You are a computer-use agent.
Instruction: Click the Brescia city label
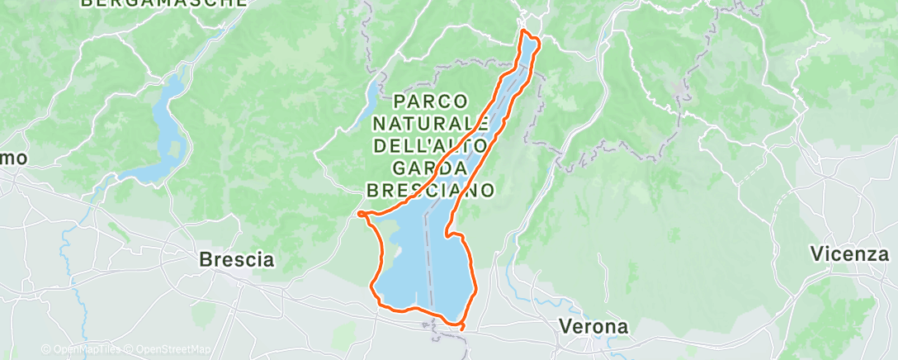[237, 259]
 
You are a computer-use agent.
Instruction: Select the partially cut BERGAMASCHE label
[164, 4]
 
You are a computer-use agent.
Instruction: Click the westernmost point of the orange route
[360, 214]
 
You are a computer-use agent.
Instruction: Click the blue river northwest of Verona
[513, 281]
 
